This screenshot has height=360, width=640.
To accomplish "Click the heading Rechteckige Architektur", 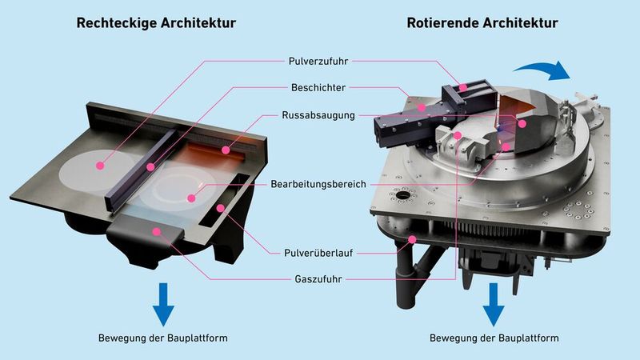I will (x=156, y=23).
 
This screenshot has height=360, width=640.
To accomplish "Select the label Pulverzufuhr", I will (x=318, y=60).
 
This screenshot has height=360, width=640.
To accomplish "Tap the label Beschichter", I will (x=318, y=87).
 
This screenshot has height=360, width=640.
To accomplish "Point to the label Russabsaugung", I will (x=318, y=115).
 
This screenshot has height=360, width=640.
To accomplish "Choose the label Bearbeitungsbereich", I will (x=318, y=184).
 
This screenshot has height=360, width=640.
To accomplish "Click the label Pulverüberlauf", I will (x=318, y=252).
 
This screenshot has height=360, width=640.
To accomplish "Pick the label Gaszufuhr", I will (x=318, y=279).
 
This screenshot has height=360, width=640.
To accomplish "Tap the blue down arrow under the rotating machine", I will (x=494, y=302).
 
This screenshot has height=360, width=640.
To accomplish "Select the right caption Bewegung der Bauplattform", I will (x=494, y=338).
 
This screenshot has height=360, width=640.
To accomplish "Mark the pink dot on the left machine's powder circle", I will (x=100, y=166).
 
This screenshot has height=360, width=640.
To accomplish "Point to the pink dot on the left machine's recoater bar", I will (x=150, y=167).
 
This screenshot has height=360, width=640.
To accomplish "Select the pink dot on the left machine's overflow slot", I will (x=219, y=208).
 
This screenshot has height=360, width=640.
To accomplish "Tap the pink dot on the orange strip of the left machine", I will (x=226, y=148).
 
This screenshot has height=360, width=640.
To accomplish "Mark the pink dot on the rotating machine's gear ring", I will (x=413, y=238).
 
